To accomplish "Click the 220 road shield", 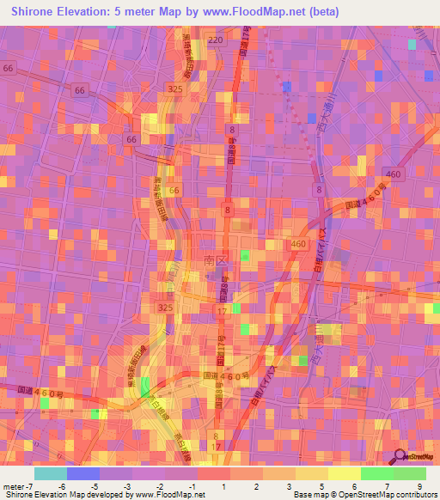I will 215,40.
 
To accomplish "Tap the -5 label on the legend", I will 93,486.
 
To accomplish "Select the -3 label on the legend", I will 126,486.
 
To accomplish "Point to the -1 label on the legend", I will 191,486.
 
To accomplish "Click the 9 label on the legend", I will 420,486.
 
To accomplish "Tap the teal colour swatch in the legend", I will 51,473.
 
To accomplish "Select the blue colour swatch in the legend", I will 83,473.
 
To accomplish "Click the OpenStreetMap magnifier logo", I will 400,455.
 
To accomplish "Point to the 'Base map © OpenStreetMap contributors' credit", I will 364,496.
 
